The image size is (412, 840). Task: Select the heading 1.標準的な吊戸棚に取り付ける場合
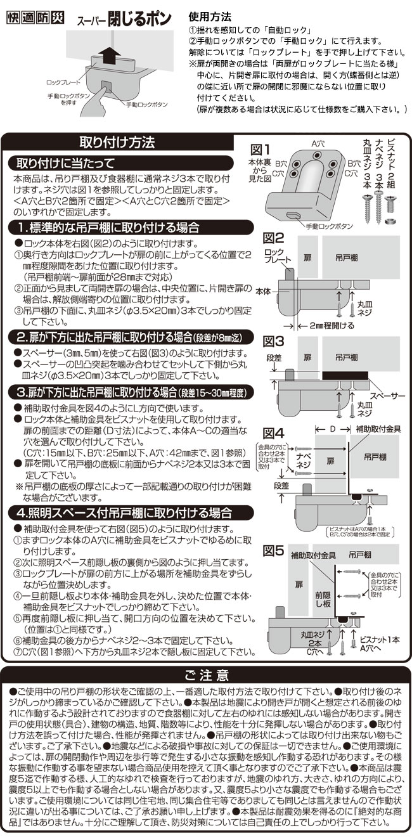(x=108, y=226)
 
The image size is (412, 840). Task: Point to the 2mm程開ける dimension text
(x=330, y=325)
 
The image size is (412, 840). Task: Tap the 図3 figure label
(x=273, y=340)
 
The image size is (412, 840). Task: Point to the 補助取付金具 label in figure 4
(x=377, y=429)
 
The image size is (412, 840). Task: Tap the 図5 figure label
(x=273, y=546)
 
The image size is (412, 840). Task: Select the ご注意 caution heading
(x=205, y=674)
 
